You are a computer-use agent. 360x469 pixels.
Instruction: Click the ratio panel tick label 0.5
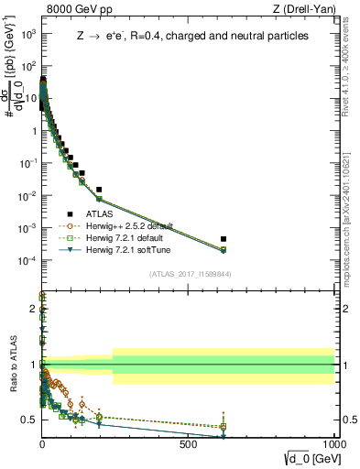28,420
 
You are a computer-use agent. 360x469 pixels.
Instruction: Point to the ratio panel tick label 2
33,309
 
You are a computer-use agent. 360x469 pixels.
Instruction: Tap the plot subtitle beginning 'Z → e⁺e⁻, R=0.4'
192,37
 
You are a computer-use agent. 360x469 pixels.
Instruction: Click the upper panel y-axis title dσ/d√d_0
13,98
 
